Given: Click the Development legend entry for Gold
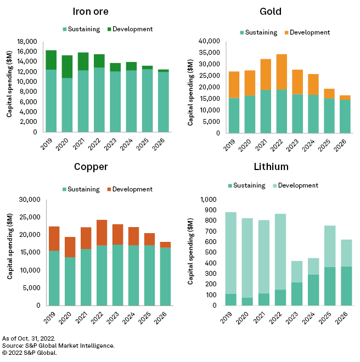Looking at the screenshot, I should tap(310, 32).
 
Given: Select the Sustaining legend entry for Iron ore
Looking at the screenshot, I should tap(81, 29).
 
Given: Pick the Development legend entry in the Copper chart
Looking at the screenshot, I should tap(132, 189).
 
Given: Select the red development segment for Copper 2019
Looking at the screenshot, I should tap(54, 238).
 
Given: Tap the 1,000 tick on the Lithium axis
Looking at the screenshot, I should tap(211, 200).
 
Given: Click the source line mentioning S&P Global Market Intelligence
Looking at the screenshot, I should tap(59, 346).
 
